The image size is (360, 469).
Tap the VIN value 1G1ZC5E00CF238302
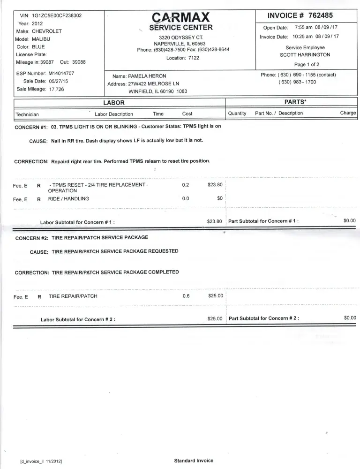[57, 15]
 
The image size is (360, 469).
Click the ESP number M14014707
[61, 74]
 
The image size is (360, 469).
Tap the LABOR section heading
[114, 103]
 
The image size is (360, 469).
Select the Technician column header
[27, 114]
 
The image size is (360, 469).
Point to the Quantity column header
[237, 113]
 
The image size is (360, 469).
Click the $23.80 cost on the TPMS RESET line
[215, 185]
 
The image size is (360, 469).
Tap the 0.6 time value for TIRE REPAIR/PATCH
[186, 296]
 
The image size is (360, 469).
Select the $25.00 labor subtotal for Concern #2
[215, 318]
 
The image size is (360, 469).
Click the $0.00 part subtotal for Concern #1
[350, 220]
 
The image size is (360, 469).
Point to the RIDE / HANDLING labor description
[68, 198]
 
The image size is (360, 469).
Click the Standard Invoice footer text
[194, 461]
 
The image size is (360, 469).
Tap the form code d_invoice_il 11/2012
[42, 461]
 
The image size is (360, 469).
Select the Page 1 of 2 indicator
[307, 65]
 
